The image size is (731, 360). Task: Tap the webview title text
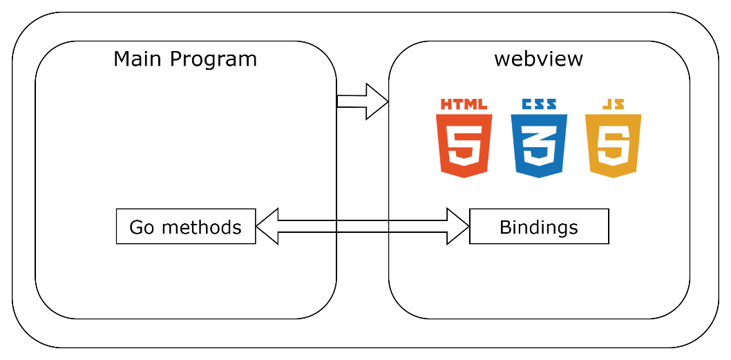click(538, 59)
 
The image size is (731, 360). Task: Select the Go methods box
click(186, 227)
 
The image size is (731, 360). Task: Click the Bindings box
click(539, 227)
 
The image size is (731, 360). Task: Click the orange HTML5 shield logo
click(464, 145)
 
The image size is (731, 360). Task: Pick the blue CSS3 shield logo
click(539, 145)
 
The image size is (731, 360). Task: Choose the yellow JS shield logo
click(613, 145)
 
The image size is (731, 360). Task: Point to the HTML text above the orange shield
click(464, 104)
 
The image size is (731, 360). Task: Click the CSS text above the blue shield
click(539, 104)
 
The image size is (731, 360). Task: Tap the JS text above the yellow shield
click(613, 104)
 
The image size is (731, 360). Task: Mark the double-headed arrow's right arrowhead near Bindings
click(458, 226)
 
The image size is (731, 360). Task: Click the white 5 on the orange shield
click(464, 146)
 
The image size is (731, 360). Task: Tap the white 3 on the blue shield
click(539, 146)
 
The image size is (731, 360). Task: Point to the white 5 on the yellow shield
click(613, 146)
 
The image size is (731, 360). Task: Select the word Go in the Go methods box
click(142, 227)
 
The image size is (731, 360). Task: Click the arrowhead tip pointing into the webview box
click(387, 102)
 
